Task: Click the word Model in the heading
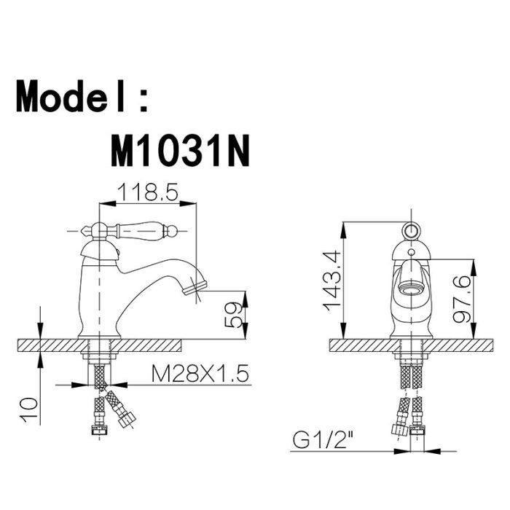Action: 70,96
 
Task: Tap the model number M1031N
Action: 181,151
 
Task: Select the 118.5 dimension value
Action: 148,192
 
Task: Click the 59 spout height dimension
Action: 234,315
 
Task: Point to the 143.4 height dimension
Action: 331,281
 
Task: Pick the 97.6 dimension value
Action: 462,299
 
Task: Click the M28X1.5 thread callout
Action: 200,373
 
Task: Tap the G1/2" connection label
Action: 322,440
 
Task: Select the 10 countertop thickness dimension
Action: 29,409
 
